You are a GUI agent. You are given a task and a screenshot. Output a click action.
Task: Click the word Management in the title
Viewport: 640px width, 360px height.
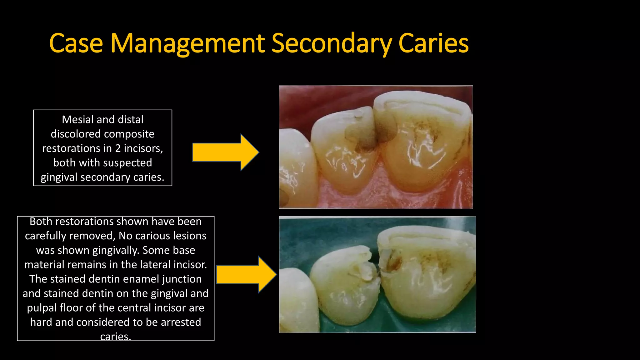tap(187, 44)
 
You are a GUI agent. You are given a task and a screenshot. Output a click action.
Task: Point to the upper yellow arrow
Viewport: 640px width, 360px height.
tap(225, 152)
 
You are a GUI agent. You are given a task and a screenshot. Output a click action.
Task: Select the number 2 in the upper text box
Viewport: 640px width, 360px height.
tap(118, 148)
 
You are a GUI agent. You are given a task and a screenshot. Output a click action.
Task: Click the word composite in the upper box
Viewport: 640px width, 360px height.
tap(133, 134)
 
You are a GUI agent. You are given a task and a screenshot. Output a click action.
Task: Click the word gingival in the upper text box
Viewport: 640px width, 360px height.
tap(59, 177)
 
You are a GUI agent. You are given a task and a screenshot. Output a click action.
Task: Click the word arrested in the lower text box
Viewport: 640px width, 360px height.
tap(181, 322)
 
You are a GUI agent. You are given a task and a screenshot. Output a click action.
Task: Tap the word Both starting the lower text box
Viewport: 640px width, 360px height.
tap(41, 221)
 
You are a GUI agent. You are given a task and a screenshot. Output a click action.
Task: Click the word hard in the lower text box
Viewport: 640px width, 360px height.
tap(41, 322)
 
